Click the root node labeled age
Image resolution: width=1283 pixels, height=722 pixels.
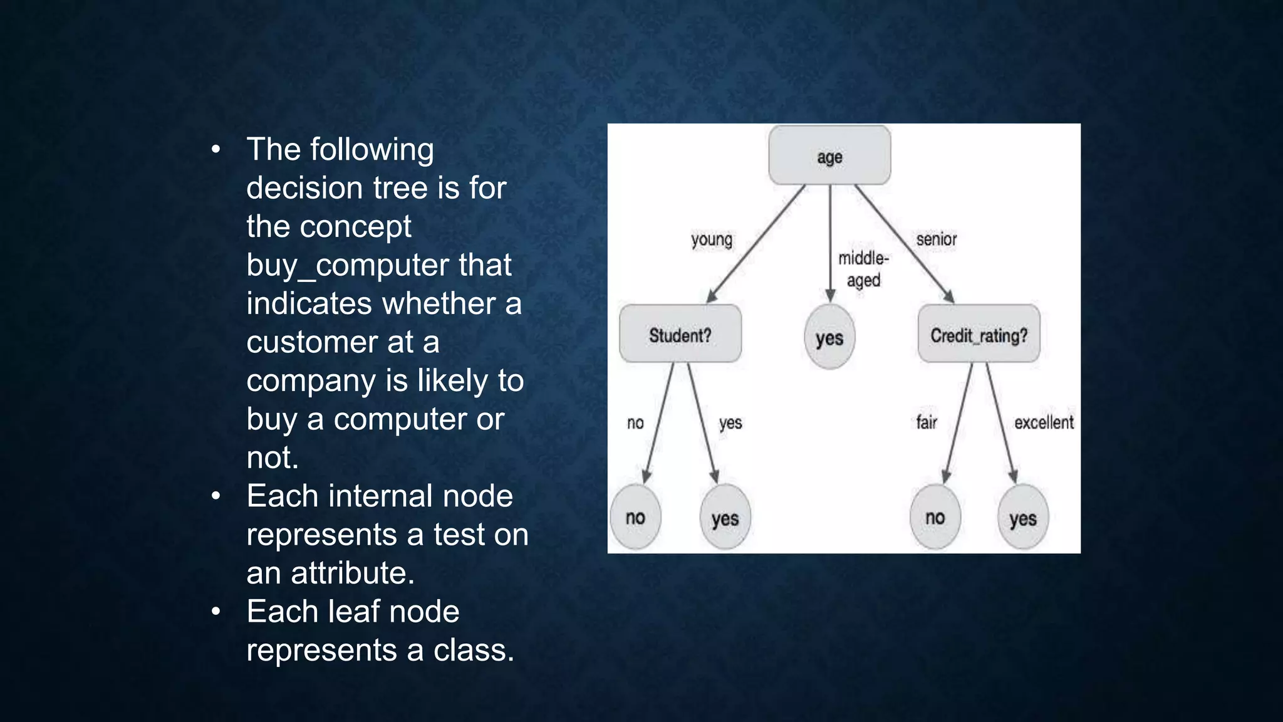(x=829, y=155)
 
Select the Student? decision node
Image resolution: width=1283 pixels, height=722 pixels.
(x=680, y=334)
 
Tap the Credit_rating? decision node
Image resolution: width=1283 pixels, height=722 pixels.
(x=979, y=334)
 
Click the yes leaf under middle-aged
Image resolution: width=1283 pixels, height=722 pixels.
(x=829, y=337)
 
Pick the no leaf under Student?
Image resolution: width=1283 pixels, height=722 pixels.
(x=635, y=517)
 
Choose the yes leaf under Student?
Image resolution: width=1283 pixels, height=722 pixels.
(x=725, y=518)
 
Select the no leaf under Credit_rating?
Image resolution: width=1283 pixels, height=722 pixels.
(x=935, y=517)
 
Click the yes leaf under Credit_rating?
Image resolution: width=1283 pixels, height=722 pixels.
(x=1022, y=518)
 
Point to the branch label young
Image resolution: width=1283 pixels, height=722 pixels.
(x=712, y=239)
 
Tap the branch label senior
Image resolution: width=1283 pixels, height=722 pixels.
(x=937, y=239)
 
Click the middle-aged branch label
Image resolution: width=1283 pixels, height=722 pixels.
(x=863, y=269)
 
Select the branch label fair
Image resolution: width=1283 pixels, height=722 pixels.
(x=927, y=422)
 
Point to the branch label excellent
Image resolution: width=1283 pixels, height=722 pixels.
(x=1044, y=422)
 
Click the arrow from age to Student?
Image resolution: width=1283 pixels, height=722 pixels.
(x=755, y=244)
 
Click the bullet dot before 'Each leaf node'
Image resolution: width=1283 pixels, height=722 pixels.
(x=216, y=612)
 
